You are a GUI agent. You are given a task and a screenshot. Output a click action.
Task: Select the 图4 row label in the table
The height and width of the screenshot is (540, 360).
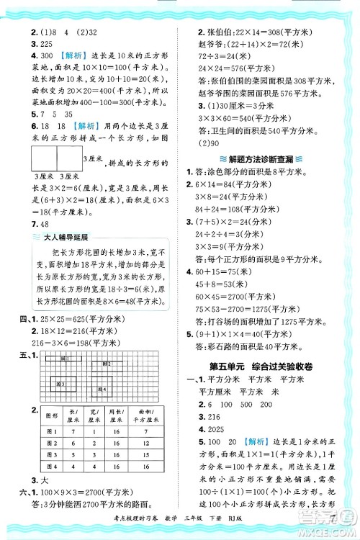(52, 468)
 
